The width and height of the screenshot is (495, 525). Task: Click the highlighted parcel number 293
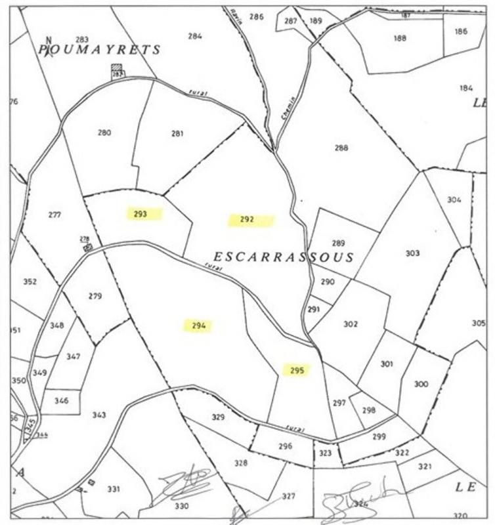click(x=139, y=214)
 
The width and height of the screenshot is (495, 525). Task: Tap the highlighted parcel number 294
click(x=199, y=325)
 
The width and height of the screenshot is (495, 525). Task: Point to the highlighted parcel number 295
click(x=297, y=370)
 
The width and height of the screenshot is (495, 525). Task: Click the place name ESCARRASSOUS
click(x=284, y=257)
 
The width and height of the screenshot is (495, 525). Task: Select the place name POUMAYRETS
click(x=99, y=50)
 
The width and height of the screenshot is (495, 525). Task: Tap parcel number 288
click(x=341, y=148)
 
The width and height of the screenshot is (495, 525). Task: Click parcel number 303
click(x=412, y=253)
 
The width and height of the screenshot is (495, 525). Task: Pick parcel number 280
click(x=104, y=133)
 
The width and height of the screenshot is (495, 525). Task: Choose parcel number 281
click(x=177, y=133)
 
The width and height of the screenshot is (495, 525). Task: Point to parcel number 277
click(x=54, y=215)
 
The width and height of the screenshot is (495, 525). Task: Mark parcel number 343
click(x=99, y=415)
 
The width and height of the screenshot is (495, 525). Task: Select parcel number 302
click(x=351, y=324)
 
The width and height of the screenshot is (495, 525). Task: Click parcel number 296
click(x=285, y=446)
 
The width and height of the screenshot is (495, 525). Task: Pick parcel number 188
click(x=400, y=38)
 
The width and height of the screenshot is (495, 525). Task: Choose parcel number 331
click(x=114, y=489)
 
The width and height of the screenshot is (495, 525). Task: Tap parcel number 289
click(x=338, y=243)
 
